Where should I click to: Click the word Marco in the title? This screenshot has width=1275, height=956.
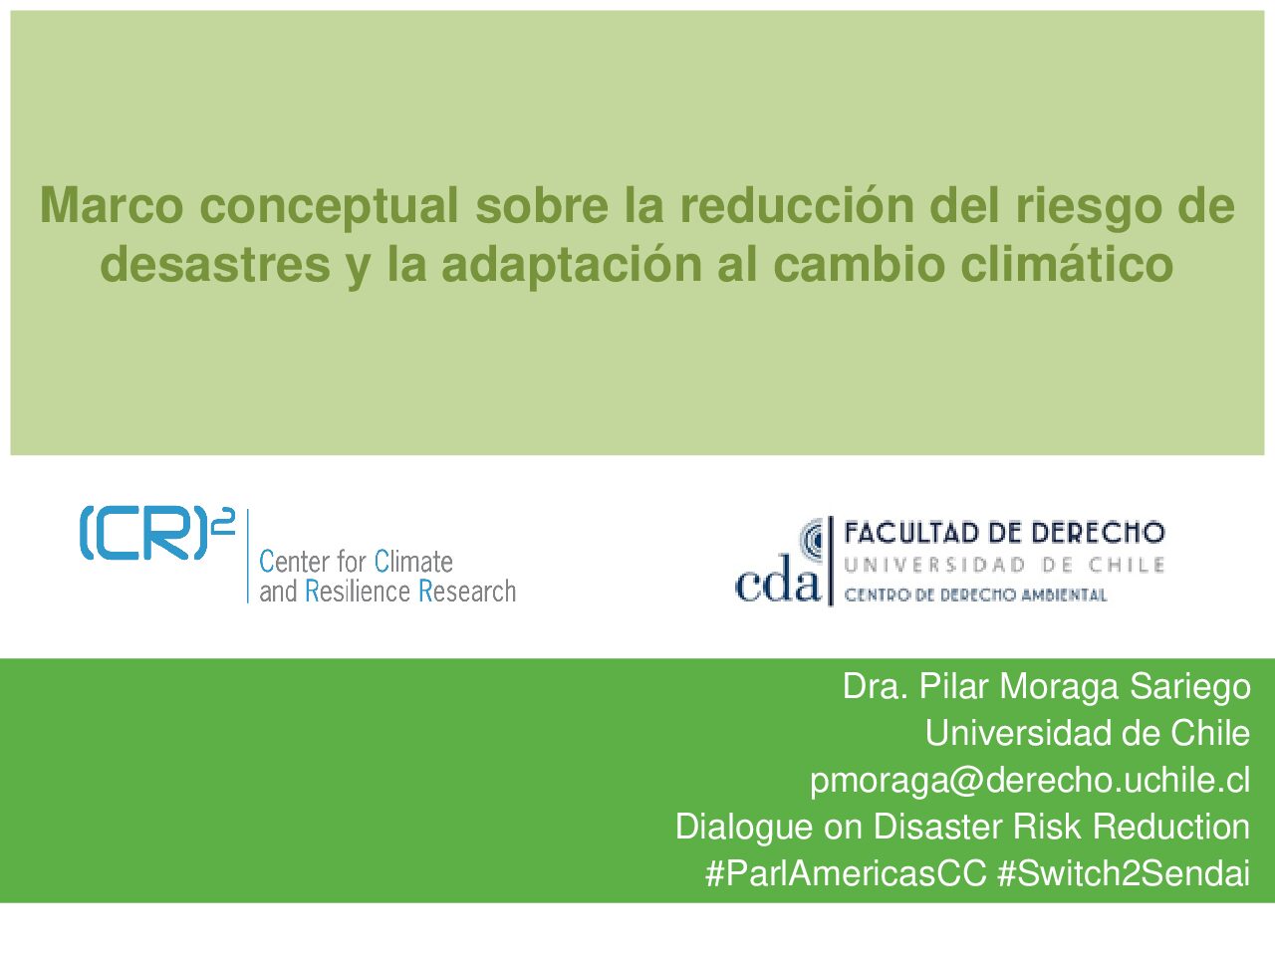click(x=112, y=204)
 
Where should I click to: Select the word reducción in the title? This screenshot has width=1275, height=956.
click(x=798, y=204)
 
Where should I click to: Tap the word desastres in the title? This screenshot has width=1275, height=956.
click(x=215, y=264)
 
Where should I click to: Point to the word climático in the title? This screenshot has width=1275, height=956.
click(x=1067, y=264)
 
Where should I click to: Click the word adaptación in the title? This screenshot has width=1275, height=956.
click(x=572, y=264)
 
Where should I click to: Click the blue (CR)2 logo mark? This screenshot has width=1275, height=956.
click(x=156, y=533)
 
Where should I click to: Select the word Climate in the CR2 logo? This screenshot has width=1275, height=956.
click(x=413, y=562)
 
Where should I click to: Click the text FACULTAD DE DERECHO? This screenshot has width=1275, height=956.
click(x=1004, y=533)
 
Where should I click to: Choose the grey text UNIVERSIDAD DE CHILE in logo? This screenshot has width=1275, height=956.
click(x=1004, y=565)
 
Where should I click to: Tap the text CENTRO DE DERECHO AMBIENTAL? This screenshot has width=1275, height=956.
click(x=975, y=595)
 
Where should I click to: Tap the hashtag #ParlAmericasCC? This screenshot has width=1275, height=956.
click(x=846, y=872)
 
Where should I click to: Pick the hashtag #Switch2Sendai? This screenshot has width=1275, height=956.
click(x=1124, y=872)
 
